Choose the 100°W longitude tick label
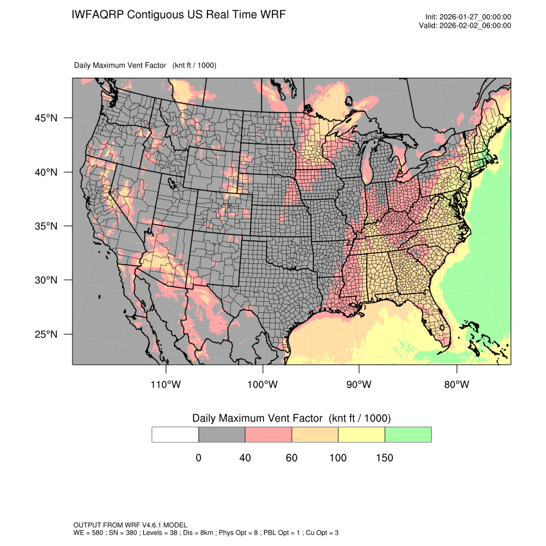tap(262, 385)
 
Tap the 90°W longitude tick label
tap(359, 385)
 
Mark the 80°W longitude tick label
tap(456, 385)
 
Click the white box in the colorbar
tap(175, 434)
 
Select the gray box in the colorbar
tap(222, 434)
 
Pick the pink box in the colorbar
tap(269, 434)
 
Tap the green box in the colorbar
tap(408, 434)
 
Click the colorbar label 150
tap(384, 458)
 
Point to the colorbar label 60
tap(292, 458)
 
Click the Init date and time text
tap(468, 17)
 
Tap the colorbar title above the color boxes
tap(292, 418)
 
